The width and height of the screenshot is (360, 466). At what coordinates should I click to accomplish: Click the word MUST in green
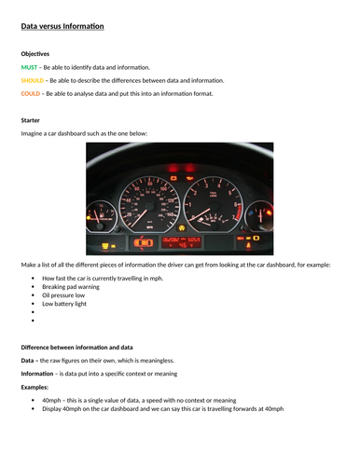coord(28,67)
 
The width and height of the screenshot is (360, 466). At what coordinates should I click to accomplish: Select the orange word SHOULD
coord(32,80)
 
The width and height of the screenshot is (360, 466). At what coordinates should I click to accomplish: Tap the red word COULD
coord(31,93)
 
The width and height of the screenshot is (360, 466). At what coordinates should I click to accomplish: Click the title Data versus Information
coord(62,26)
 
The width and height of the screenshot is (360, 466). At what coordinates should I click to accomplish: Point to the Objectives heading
coord(35,54)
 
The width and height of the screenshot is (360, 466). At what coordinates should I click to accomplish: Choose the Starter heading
coord(31,120)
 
